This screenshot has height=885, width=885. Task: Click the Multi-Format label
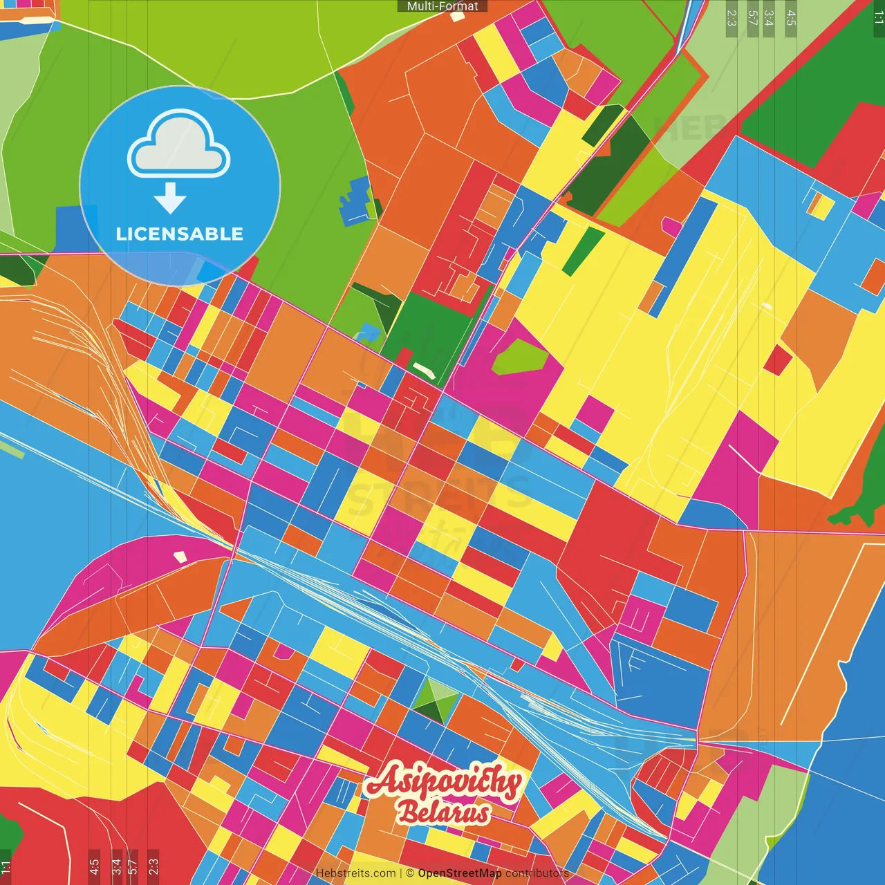pyautogui.click(x=442, y=6)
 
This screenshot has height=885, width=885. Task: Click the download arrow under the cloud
pyautogui.click(x=170, y=199)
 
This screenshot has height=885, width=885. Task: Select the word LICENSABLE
pyautogui.click(x=180, y=234)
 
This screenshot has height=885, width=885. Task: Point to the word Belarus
pyautogui.click(x=444, y=814)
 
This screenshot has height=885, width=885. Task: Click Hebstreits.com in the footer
pyautogui.click(x=356, y=873)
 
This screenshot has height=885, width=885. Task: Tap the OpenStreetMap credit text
pyautogui.click(x=460, y=873)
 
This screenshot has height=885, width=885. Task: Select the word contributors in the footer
pyautogui.click(x=537, y=873)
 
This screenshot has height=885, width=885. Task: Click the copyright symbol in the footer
pyautogui.click(x=409, y=873)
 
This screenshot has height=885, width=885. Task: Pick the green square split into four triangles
pyautogui.click(x=435, y=700)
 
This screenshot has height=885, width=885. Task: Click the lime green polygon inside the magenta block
pyautogui.click(x=520, y=357)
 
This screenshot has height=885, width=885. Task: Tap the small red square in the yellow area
pyautogui.click(x=777, y=360)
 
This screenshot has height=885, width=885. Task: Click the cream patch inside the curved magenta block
pyautogui.click(x=180, y=556)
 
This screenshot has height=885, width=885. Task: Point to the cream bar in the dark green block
pyautogui.click(x=424, y=371)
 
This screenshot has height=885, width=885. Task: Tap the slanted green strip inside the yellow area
pyautogui.click(x=583, y=251)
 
